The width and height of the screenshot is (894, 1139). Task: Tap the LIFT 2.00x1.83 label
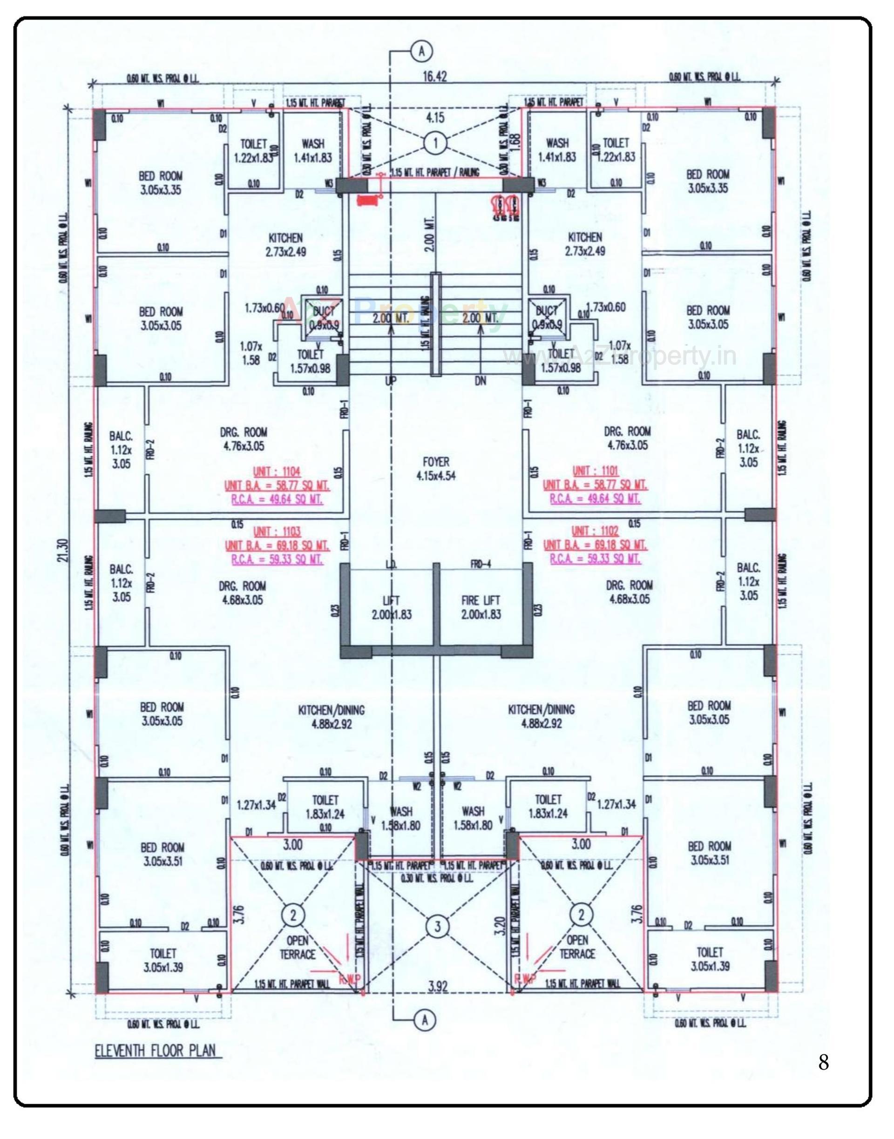[392, 607]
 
